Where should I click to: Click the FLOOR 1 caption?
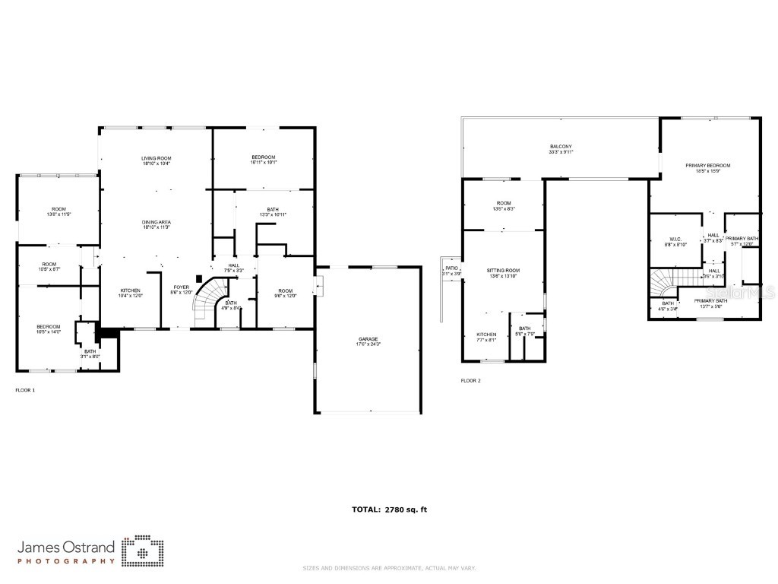click(x=25, y=390)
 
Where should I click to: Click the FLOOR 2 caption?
click(x=470, y=381)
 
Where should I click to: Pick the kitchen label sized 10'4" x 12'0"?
click(x=130, y=293)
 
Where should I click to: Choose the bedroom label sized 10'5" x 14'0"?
click(x=48, y=328)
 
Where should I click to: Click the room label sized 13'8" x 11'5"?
click(x=59, y=211)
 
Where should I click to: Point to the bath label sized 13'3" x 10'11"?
click(x=272, y=212)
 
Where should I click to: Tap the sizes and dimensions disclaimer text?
click(x=389, y=568)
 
